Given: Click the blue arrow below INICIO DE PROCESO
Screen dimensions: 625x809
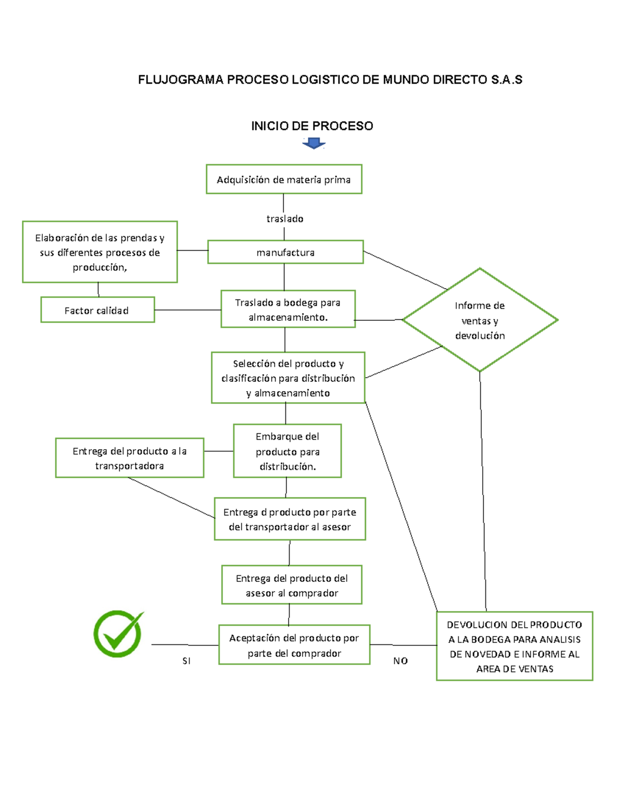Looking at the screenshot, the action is click(314, 143).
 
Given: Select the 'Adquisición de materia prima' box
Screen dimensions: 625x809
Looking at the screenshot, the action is click(284, 179).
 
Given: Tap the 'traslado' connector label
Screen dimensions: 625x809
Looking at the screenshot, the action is click(285, 219).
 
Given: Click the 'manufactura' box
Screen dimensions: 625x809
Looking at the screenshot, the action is click(285, 252).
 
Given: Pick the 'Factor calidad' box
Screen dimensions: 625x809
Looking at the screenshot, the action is click(97, 310).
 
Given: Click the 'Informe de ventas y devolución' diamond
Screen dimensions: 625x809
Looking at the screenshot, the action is click(480, 320).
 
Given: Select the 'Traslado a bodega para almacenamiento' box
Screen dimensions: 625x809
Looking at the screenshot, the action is click(288, 309).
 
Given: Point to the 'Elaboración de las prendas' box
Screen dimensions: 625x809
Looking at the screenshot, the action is click(100, 252).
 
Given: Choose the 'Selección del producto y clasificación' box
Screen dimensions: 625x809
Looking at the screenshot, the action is click(288, 378).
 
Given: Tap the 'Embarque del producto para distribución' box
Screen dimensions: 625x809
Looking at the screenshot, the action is click(287, 451).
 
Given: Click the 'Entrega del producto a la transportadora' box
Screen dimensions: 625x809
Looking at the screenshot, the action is click(130, 458).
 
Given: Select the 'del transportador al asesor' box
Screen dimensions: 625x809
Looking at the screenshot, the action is click(290, 519).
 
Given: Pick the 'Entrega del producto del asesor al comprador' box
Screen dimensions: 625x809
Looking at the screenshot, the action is click(292, 585).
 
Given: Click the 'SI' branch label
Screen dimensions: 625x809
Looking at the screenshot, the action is click(186, 661).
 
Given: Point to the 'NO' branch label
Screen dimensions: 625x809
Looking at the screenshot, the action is click(401, 661).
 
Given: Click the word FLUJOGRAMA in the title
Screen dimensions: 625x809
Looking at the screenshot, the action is click(181, 80).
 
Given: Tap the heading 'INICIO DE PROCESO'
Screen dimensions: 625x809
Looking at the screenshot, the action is click(312, 126).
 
